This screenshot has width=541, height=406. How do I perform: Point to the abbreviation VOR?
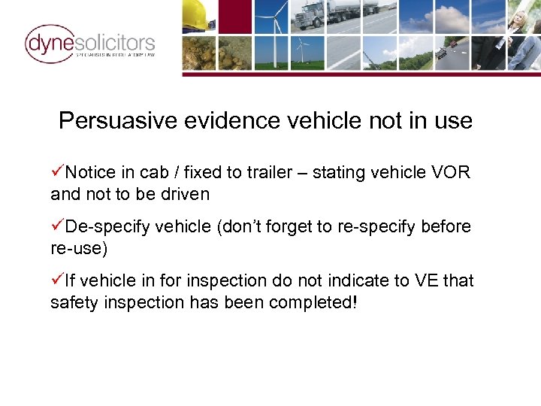[x=451, y=173]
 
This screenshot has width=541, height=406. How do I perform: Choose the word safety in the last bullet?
[x=72, y=302]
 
